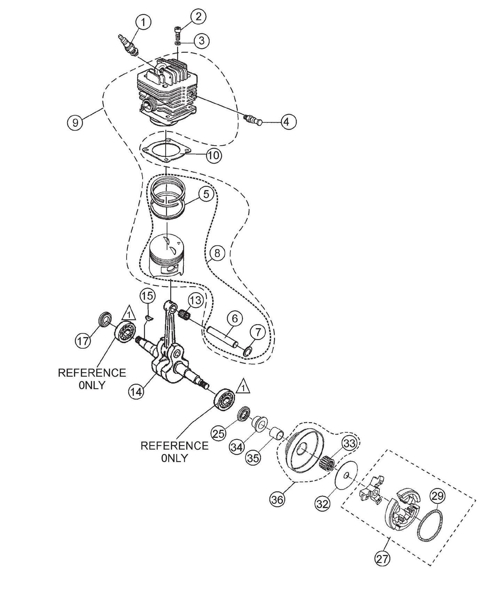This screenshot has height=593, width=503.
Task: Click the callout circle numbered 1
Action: coord(143,22)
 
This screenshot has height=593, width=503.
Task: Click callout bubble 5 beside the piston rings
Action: coord(206,194)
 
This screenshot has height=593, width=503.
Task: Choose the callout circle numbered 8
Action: coord(218,253)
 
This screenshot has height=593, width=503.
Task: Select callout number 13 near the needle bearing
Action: coord(196,300)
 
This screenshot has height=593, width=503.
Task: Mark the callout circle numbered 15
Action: coord(147,296)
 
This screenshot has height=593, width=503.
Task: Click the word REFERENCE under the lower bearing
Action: coord(174,446)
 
